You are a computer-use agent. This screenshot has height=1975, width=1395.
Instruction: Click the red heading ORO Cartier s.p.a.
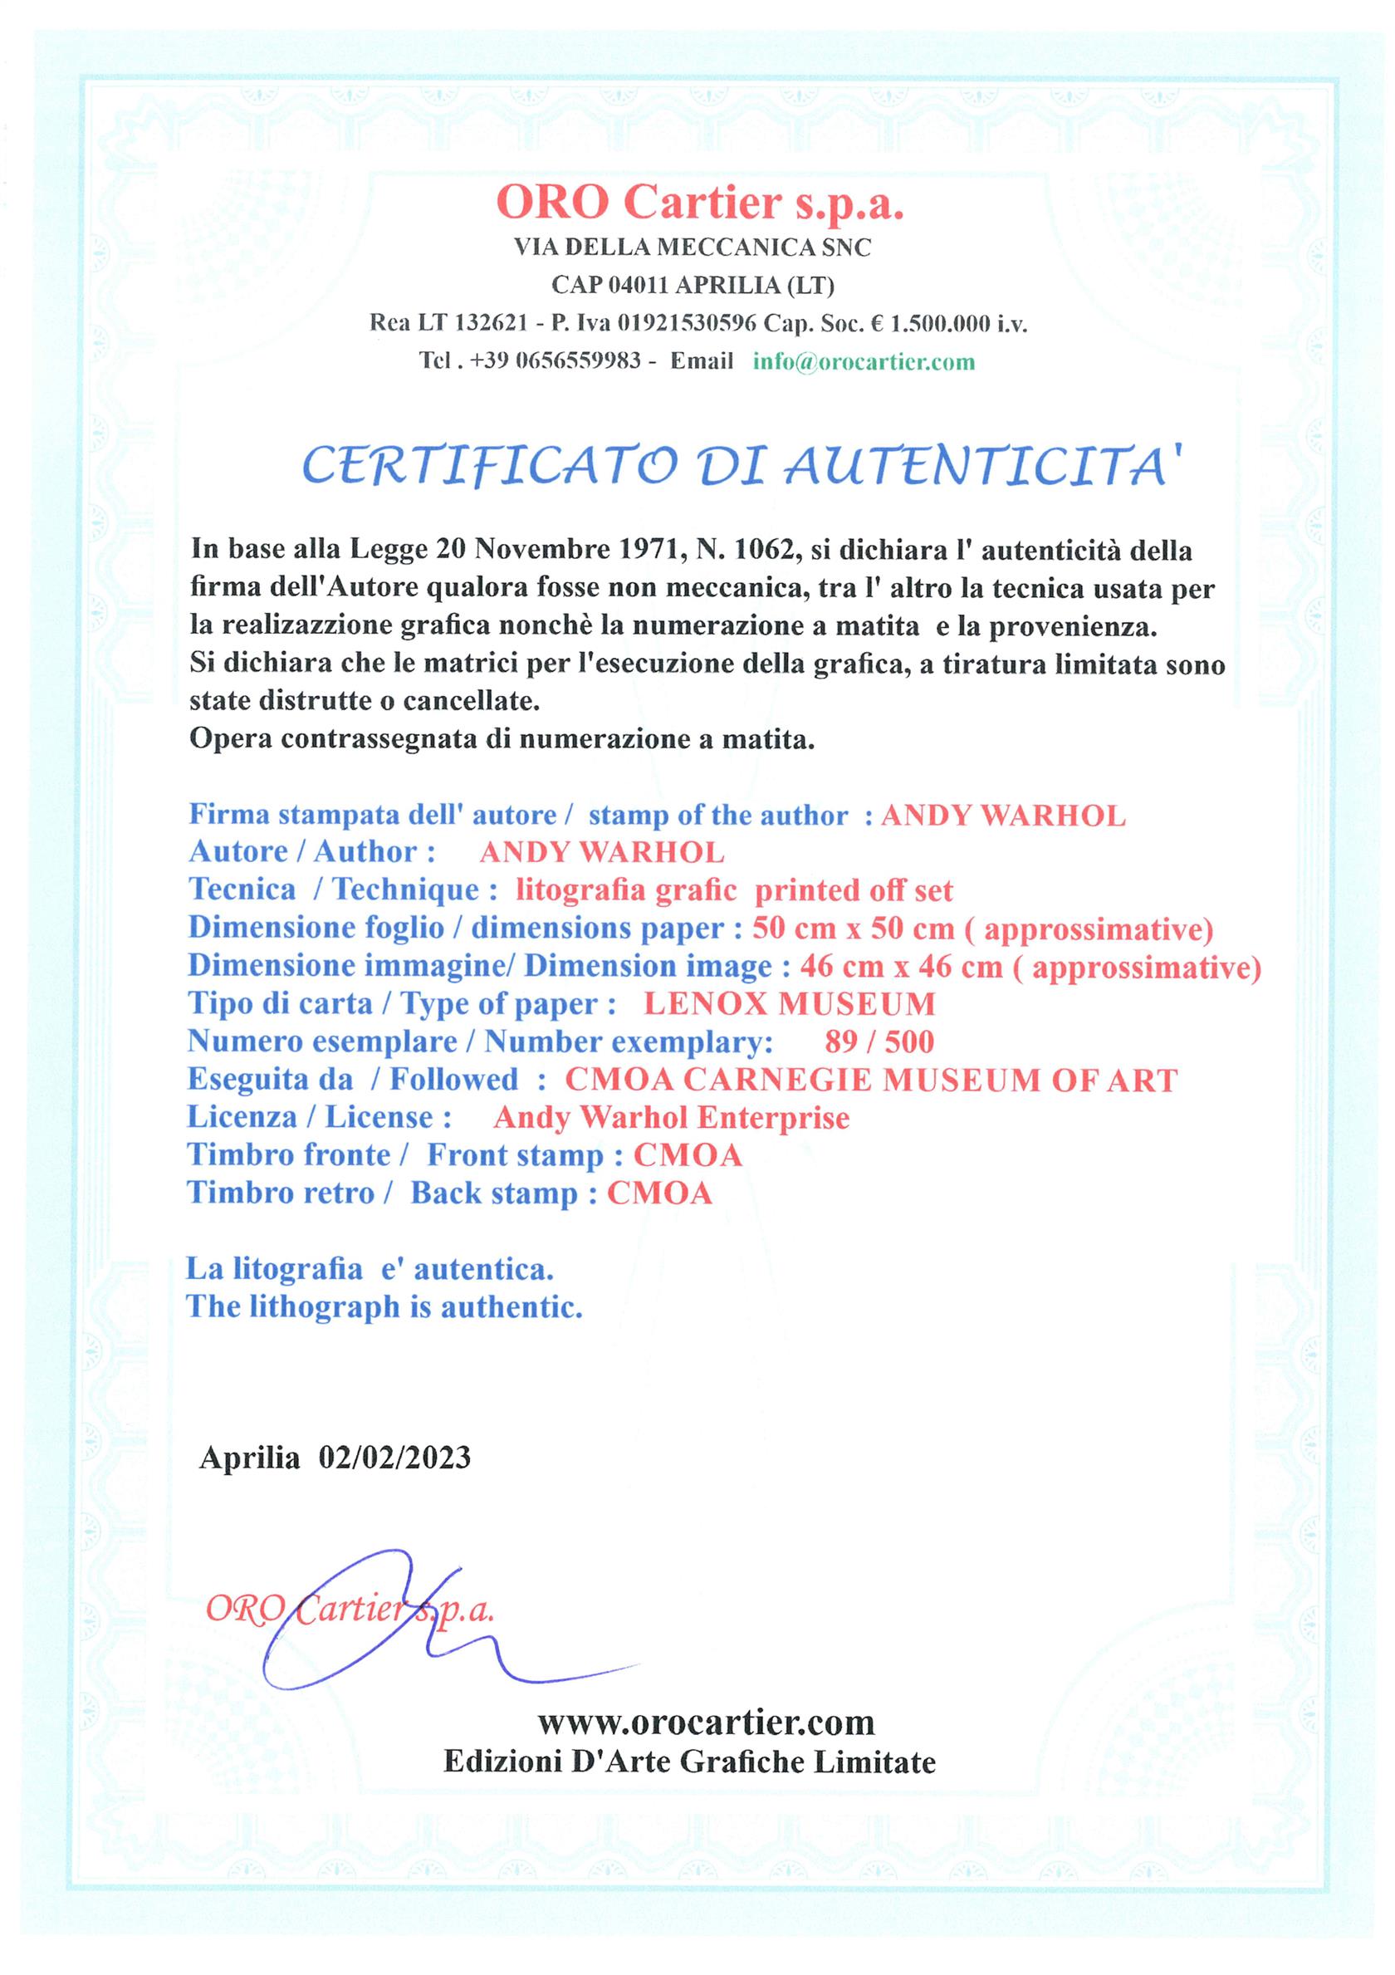[x=699, y=203]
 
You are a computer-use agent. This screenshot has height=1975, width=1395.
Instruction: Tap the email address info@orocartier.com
[x=864, y=361]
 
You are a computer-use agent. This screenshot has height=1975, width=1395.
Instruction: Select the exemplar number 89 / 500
[x=879, y=1041]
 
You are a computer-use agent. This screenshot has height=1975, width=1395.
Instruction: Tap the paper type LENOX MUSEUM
[x=790, y=1004]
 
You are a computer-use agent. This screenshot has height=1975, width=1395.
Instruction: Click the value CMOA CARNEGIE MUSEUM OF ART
[x=870, y=1080]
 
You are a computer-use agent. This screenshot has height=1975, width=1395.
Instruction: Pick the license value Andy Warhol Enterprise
[x=671, y=1117]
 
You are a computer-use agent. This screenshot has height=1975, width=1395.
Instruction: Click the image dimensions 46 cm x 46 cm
[x=901, y=967]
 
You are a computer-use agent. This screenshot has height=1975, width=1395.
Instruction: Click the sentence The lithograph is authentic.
[x=384, y=1306]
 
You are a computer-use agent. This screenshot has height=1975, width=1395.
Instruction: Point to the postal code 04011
[x=641, y=285]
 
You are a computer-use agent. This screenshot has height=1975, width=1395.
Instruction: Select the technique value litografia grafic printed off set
[x=734, y=890]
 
